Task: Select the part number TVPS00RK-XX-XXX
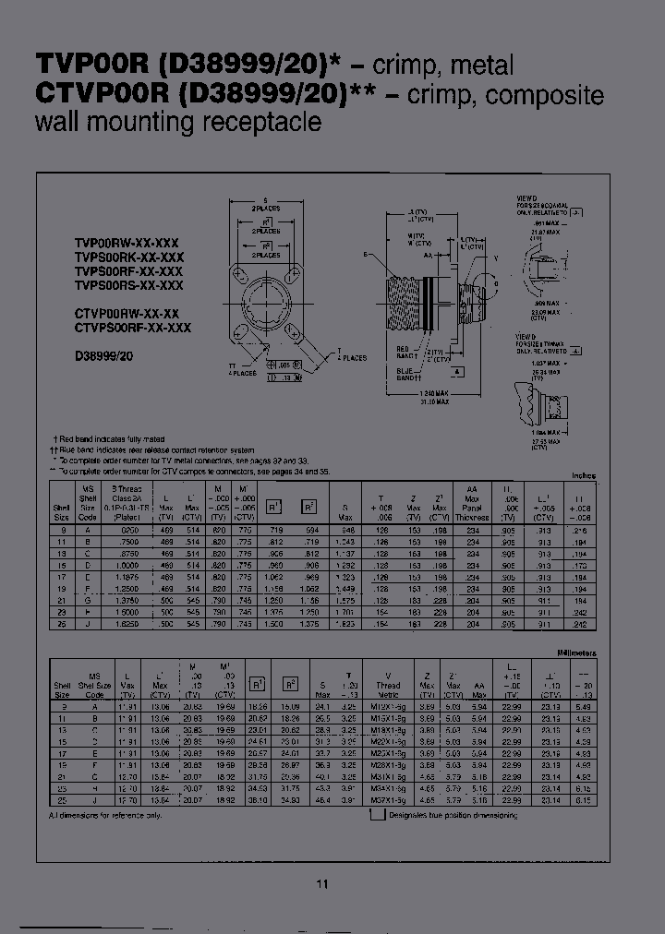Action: click(x=129, y=257)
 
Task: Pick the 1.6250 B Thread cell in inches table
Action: click(x=126, y=625)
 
